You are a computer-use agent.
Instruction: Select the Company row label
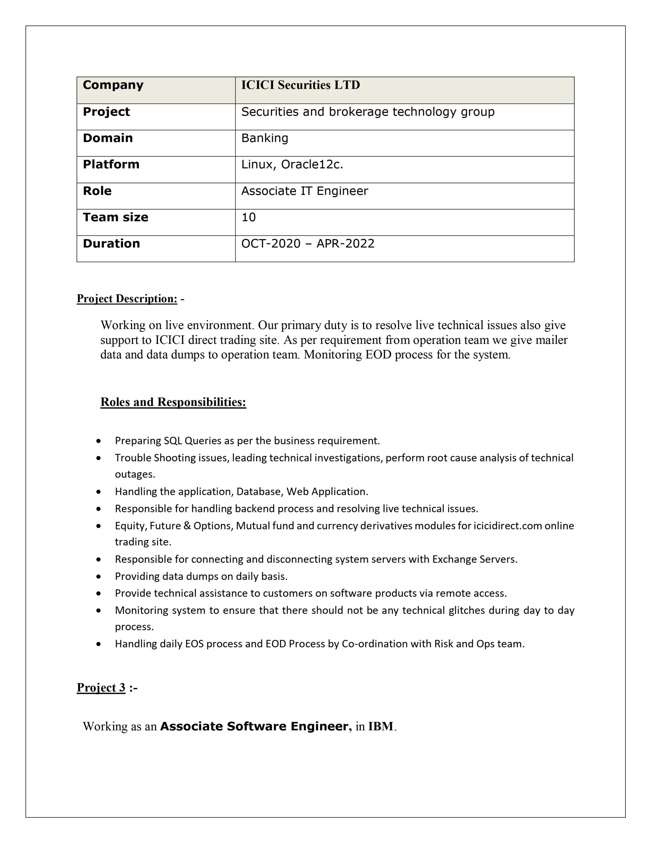coord(113,85)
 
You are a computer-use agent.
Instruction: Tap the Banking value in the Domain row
coord(265,138)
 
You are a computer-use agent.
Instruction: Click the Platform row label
coord(111,164)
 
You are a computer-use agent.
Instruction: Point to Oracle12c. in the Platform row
coord(312,165)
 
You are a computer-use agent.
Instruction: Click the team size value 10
coord(248,217)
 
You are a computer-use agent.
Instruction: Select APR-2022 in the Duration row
coord(345,244)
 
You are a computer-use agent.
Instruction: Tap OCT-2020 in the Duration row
coord(271,244)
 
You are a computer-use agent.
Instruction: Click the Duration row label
coord(111,244)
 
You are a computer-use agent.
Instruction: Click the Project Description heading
coord(127,299)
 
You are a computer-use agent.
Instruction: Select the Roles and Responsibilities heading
coord(173,402)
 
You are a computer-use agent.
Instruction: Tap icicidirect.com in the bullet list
coord(508,526)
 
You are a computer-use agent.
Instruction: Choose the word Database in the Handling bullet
coord(260,492)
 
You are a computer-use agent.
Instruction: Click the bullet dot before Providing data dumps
coord(99,577)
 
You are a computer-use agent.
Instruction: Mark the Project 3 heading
coord(101,688)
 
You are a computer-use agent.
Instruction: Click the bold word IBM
coord(380,726)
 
